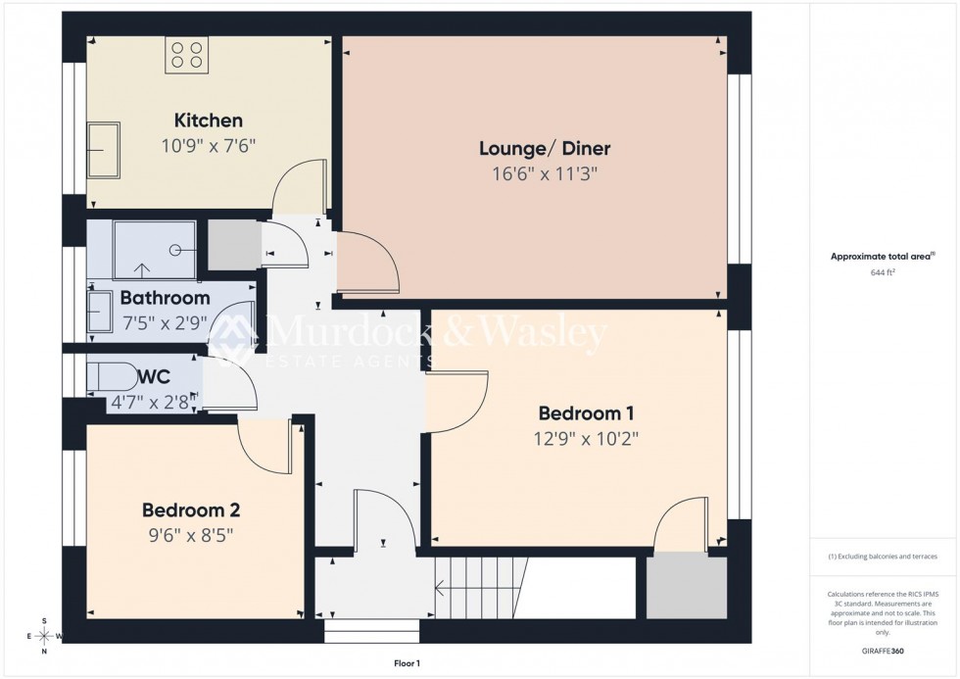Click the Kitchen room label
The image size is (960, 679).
208,121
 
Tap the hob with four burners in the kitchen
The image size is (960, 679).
186,54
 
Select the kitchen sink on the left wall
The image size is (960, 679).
103,150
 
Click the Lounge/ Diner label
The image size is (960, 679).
545,149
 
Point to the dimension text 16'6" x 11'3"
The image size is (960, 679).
545,174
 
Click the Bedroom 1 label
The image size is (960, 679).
580,412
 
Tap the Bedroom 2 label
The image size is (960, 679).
191,509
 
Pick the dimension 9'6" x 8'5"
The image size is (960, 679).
191,535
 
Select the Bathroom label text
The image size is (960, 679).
165,298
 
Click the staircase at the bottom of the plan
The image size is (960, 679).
481,588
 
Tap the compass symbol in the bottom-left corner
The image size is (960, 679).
44,636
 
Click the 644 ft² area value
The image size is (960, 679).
883,272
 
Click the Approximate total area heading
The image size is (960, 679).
882,257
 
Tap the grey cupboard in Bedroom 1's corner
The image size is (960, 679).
687,589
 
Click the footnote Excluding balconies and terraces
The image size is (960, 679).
883,557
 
